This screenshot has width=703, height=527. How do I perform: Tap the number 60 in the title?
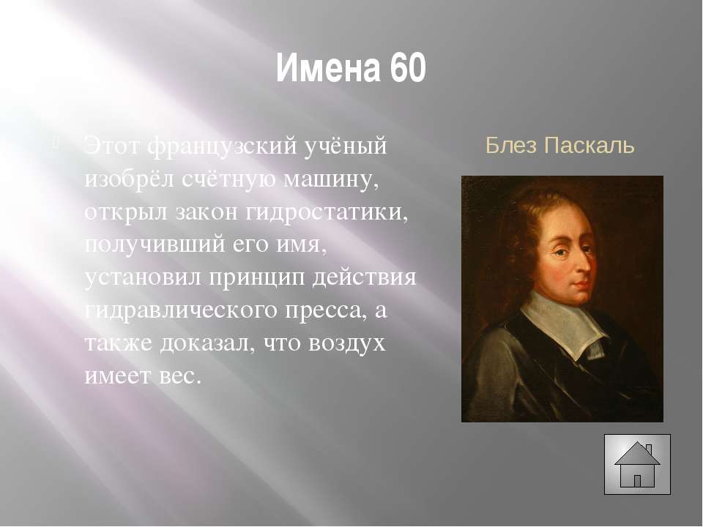408,68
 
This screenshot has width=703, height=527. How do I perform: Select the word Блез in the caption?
511,145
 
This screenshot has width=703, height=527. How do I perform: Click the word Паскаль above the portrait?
589,145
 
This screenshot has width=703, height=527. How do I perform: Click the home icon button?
637,464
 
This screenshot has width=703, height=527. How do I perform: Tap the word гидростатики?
327,213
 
